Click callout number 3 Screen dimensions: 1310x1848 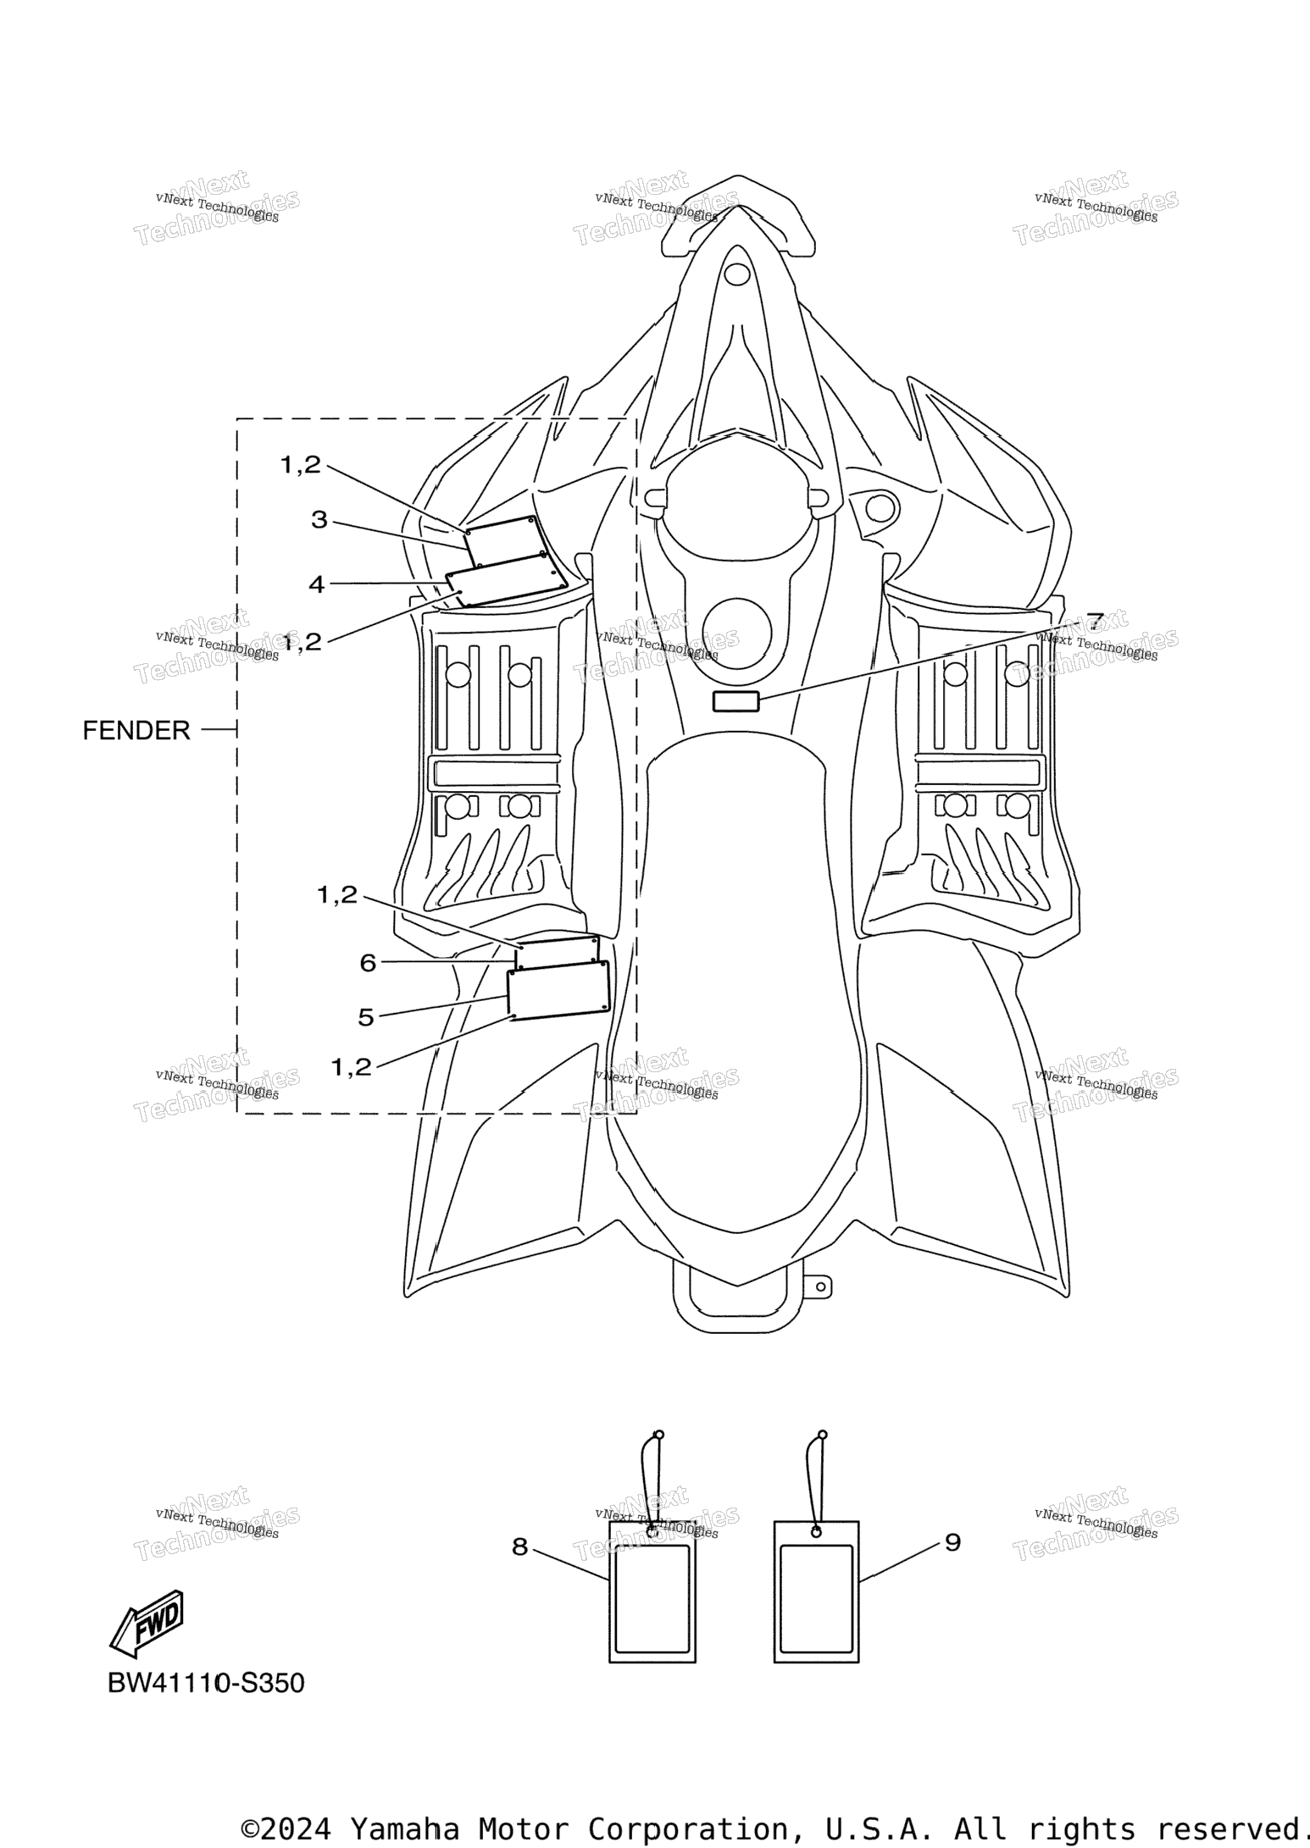coord(319,519)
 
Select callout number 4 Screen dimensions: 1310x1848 coord(316,584)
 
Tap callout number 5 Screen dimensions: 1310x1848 coord(365,1017)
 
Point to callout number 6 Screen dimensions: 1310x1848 coord(367,962)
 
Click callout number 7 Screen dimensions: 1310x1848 coord(1095,622)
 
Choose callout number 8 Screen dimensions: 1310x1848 coord(519,1546)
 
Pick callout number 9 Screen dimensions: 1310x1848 coord(952,1542)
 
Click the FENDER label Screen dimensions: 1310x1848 coord(136,730)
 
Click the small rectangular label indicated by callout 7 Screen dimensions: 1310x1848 coord(735,700)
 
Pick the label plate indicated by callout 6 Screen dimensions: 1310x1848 coord(558,952)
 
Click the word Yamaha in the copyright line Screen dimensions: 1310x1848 coord(404,1829)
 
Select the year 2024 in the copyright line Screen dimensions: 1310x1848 coord(296,1829)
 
